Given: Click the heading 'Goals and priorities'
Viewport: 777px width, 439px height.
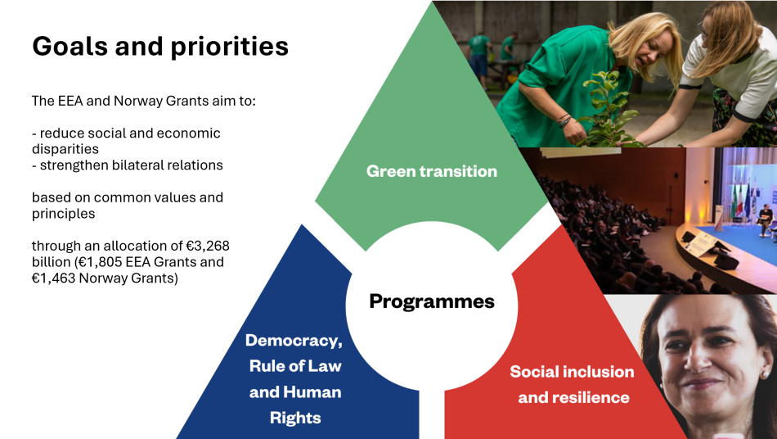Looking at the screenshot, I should tap(160, 46).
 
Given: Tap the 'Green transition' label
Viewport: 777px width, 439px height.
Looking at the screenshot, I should tap(432, 171).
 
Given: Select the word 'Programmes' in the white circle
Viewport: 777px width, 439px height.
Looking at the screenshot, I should tap(432, 301).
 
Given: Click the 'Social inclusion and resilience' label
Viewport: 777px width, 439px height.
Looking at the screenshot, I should tap(573, 384).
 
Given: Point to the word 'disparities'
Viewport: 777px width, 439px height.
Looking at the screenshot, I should tap(65, 149).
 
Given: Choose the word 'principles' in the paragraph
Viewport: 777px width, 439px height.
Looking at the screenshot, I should tap(64, 214).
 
